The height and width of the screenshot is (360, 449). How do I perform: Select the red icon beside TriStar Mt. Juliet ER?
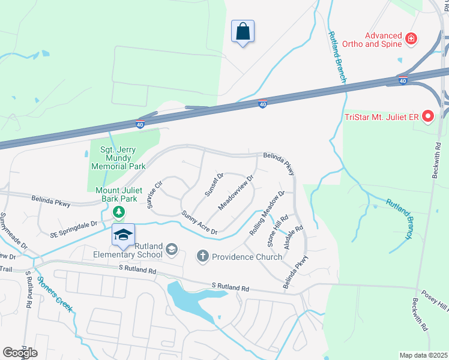(427, 116)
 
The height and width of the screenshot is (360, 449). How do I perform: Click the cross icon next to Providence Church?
(203, 257)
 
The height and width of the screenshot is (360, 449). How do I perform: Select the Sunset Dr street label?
(214, 184)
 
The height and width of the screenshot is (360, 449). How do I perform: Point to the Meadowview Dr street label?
(237, 192)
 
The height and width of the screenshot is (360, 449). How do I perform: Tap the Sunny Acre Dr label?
(199, 222)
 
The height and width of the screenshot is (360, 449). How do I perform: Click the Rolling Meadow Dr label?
(267, 213)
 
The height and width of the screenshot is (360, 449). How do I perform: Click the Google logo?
(20, 352)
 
